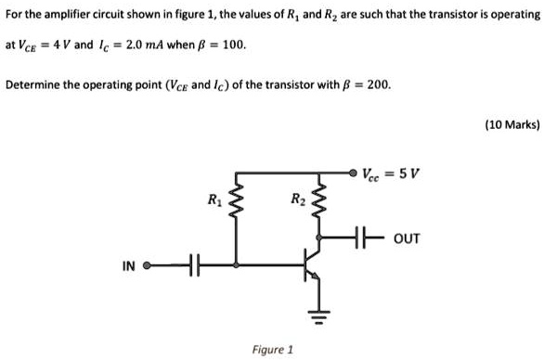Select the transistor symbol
pos(314,264)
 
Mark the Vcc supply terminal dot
pos(354,173)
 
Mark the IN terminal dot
pos(149,266)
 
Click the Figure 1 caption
pos(272,350)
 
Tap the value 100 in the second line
pos(233,44)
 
